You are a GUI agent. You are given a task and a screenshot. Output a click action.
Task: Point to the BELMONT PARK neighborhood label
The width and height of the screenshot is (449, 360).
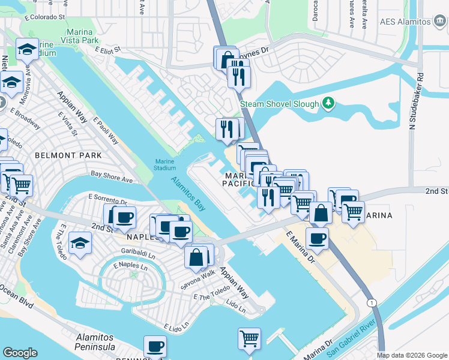click(60, 155)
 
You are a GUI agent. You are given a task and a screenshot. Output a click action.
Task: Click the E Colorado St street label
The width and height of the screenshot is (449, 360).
click(44, 17)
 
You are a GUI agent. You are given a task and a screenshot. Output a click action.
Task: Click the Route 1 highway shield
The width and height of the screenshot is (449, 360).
click(372, 304)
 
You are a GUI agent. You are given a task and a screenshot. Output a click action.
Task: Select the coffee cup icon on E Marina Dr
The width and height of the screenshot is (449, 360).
click(317, 238)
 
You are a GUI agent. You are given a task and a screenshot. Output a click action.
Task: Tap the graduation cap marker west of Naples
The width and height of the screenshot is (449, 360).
click(80, 244)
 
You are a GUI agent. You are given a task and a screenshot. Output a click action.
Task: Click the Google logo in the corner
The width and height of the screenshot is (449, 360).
click(20, 353)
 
